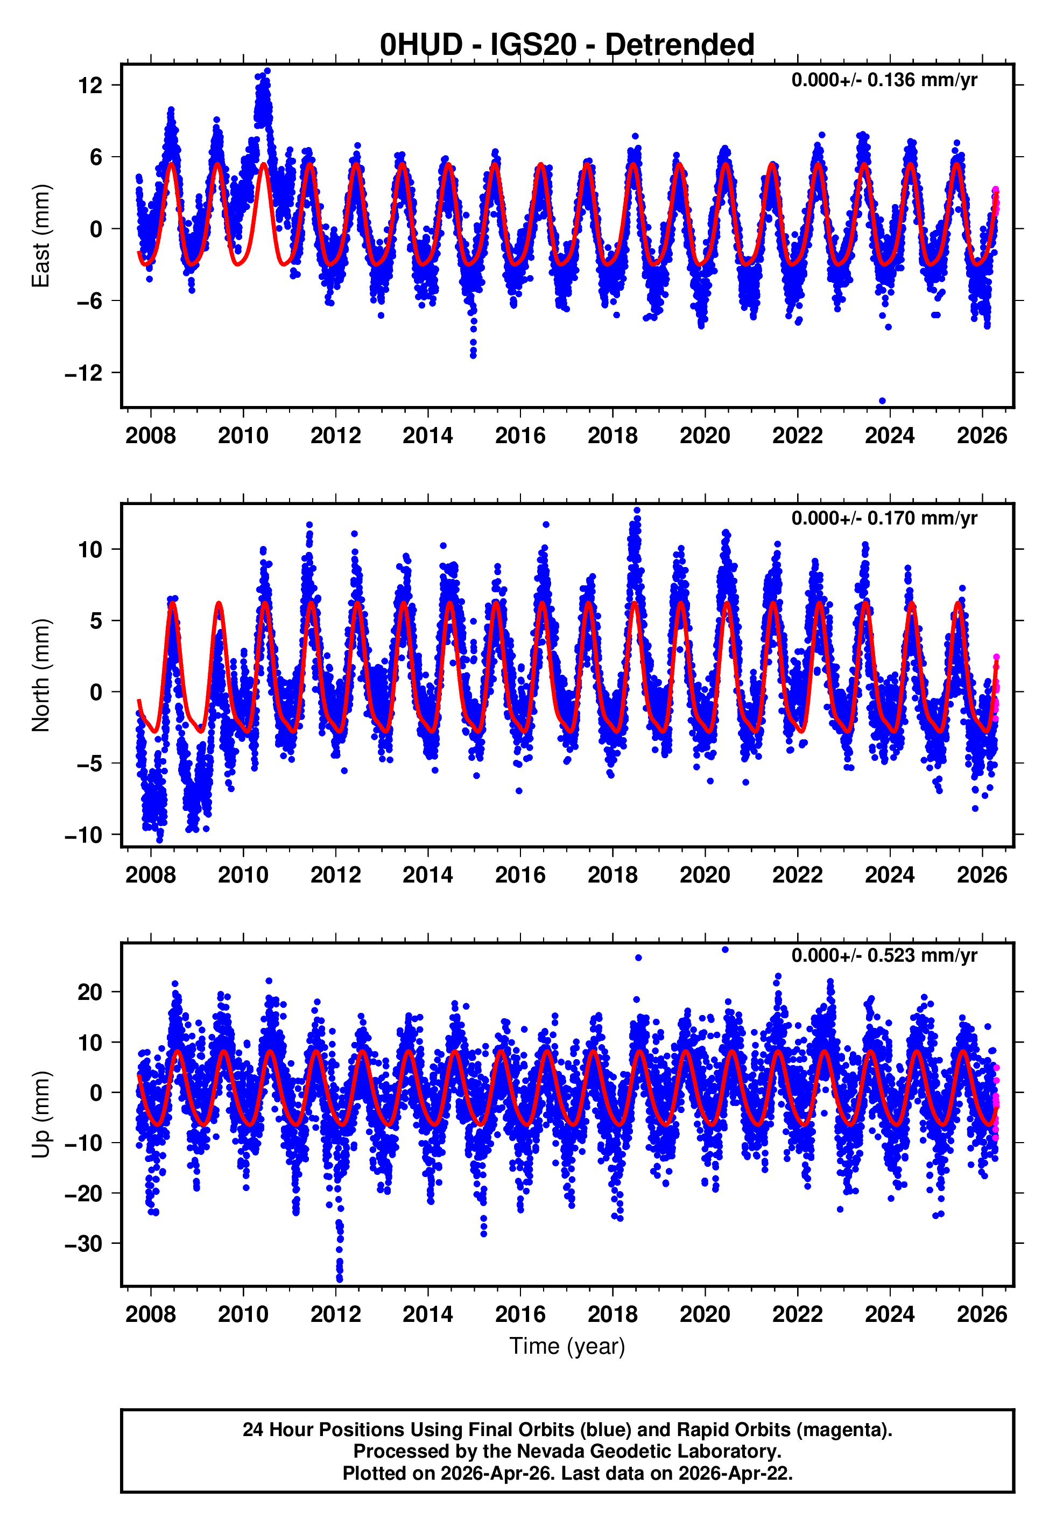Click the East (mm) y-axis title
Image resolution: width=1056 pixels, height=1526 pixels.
tap(41, 236)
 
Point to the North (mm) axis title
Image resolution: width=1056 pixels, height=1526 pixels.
tap(41, 675)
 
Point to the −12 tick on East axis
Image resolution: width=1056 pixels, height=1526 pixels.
tap(83, 373)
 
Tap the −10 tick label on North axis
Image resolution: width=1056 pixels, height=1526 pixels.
tap(83, 835)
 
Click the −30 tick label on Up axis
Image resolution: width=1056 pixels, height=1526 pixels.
tap(83, 1244)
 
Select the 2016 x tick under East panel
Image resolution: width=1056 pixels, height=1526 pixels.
tap(520, 436)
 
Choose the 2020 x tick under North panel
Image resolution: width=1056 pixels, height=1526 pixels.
tap(705, 876)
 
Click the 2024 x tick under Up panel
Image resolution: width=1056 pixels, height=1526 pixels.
tap(889, 1314)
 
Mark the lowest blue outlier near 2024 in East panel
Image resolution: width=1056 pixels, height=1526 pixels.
tap(882, 401)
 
